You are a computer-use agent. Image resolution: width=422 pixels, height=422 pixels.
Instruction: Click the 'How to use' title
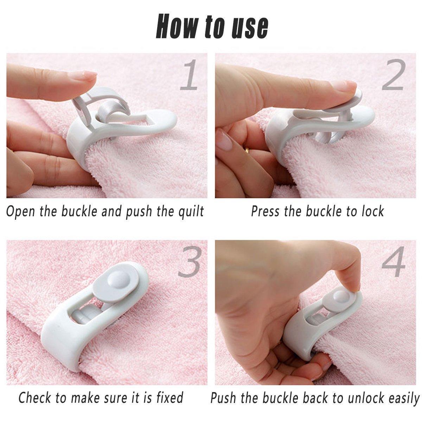tap(212, 26)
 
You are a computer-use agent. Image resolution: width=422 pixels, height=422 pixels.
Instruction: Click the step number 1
tap(188, 75)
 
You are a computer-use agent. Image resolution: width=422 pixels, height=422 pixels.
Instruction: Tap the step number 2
tap(393, 75)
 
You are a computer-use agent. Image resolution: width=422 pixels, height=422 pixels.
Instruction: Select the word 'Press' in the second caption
tap(266, 212)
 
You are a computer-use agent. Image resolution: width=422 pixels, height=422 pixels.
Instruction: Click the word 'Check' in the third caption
tap(36, 398)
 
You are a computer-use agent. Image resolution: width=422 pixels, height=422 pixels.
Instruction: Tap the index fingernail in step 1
tap(87, 75)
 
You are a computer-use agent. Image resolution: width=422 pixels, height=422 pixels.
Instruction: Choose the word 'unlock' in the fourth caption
tap(359, 398)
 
